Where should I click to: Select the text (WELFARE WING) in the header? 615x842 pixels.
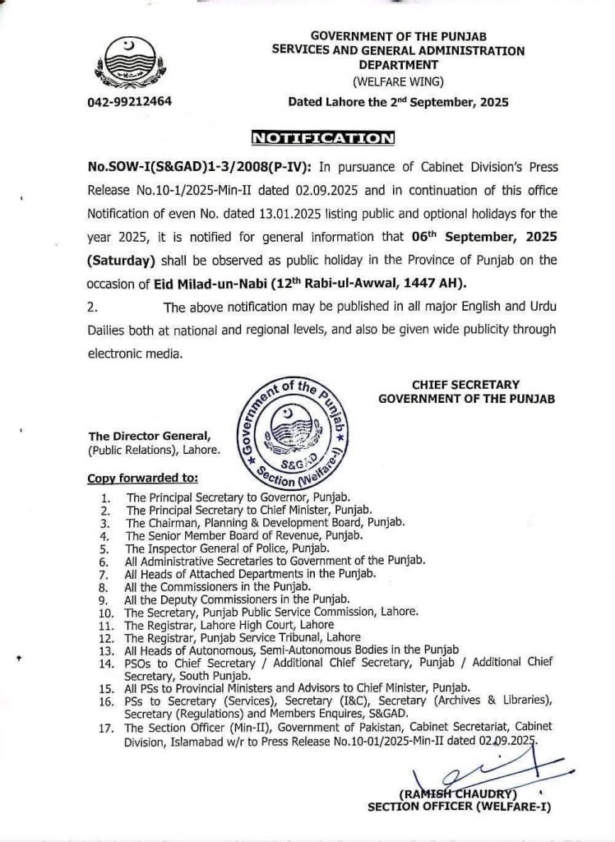[398, 82]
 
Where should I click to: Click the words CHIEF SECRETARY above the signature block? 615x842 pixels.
[465, 384]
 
